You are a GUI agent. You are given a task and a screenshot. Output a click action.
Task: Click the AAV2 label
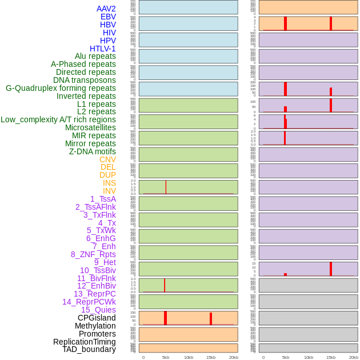(106, 9)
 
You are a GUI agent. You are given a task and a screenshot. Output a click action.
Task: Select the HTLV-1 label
(102, 49)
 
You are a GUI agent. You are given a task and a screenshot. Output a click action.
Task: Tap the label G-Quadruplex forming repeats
(61, 88)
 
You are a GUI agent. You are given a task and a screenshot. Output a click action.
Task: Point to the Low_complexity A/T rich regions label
(58, 119)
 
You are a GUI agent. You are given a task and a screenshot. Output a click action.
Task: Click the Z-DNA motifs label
(92, 151)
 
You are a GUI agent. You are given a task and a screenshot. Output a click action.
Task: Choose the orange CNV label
(107, 159)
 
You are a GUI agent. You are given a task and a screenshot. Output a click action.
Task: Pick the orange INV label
(109, 191)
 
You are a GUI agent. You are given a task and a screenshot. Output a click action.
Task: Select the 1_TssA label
(103, 199)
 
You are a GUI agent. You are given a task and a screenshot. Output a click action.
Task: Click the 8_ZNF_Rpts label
(93, 254)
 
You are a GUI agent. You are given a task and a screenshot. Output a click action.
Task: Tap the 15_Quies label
(98, 310)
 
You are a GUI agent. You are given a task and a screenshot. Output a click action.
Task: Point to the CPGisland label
(97, 318)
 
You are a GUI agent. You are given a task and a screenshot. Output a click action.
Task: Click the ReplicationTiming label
(85, 342)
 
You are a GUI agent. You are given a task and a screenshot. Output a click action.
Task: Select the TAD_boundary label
(89, 349)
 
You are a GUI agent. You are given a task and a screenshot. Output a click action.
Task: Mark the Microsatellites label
(90, 127)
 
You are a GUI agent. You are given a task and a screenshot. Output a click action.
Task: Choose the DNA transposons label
(85, 80)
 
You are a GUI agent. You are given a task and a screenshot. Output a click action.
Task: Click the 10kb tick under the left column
(189, 357)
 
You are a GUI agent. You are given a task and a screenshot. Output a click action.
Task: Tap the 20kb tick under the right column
(354, 357)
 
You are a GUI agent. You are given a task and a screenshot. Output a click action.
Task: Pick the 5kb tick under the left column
(166, 357)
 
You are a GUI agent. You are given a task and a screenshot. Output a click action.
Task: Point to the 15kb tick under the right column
(331, 357)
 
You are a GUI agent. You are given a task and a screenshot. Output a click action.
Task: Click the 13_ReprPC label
(94, 294)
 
